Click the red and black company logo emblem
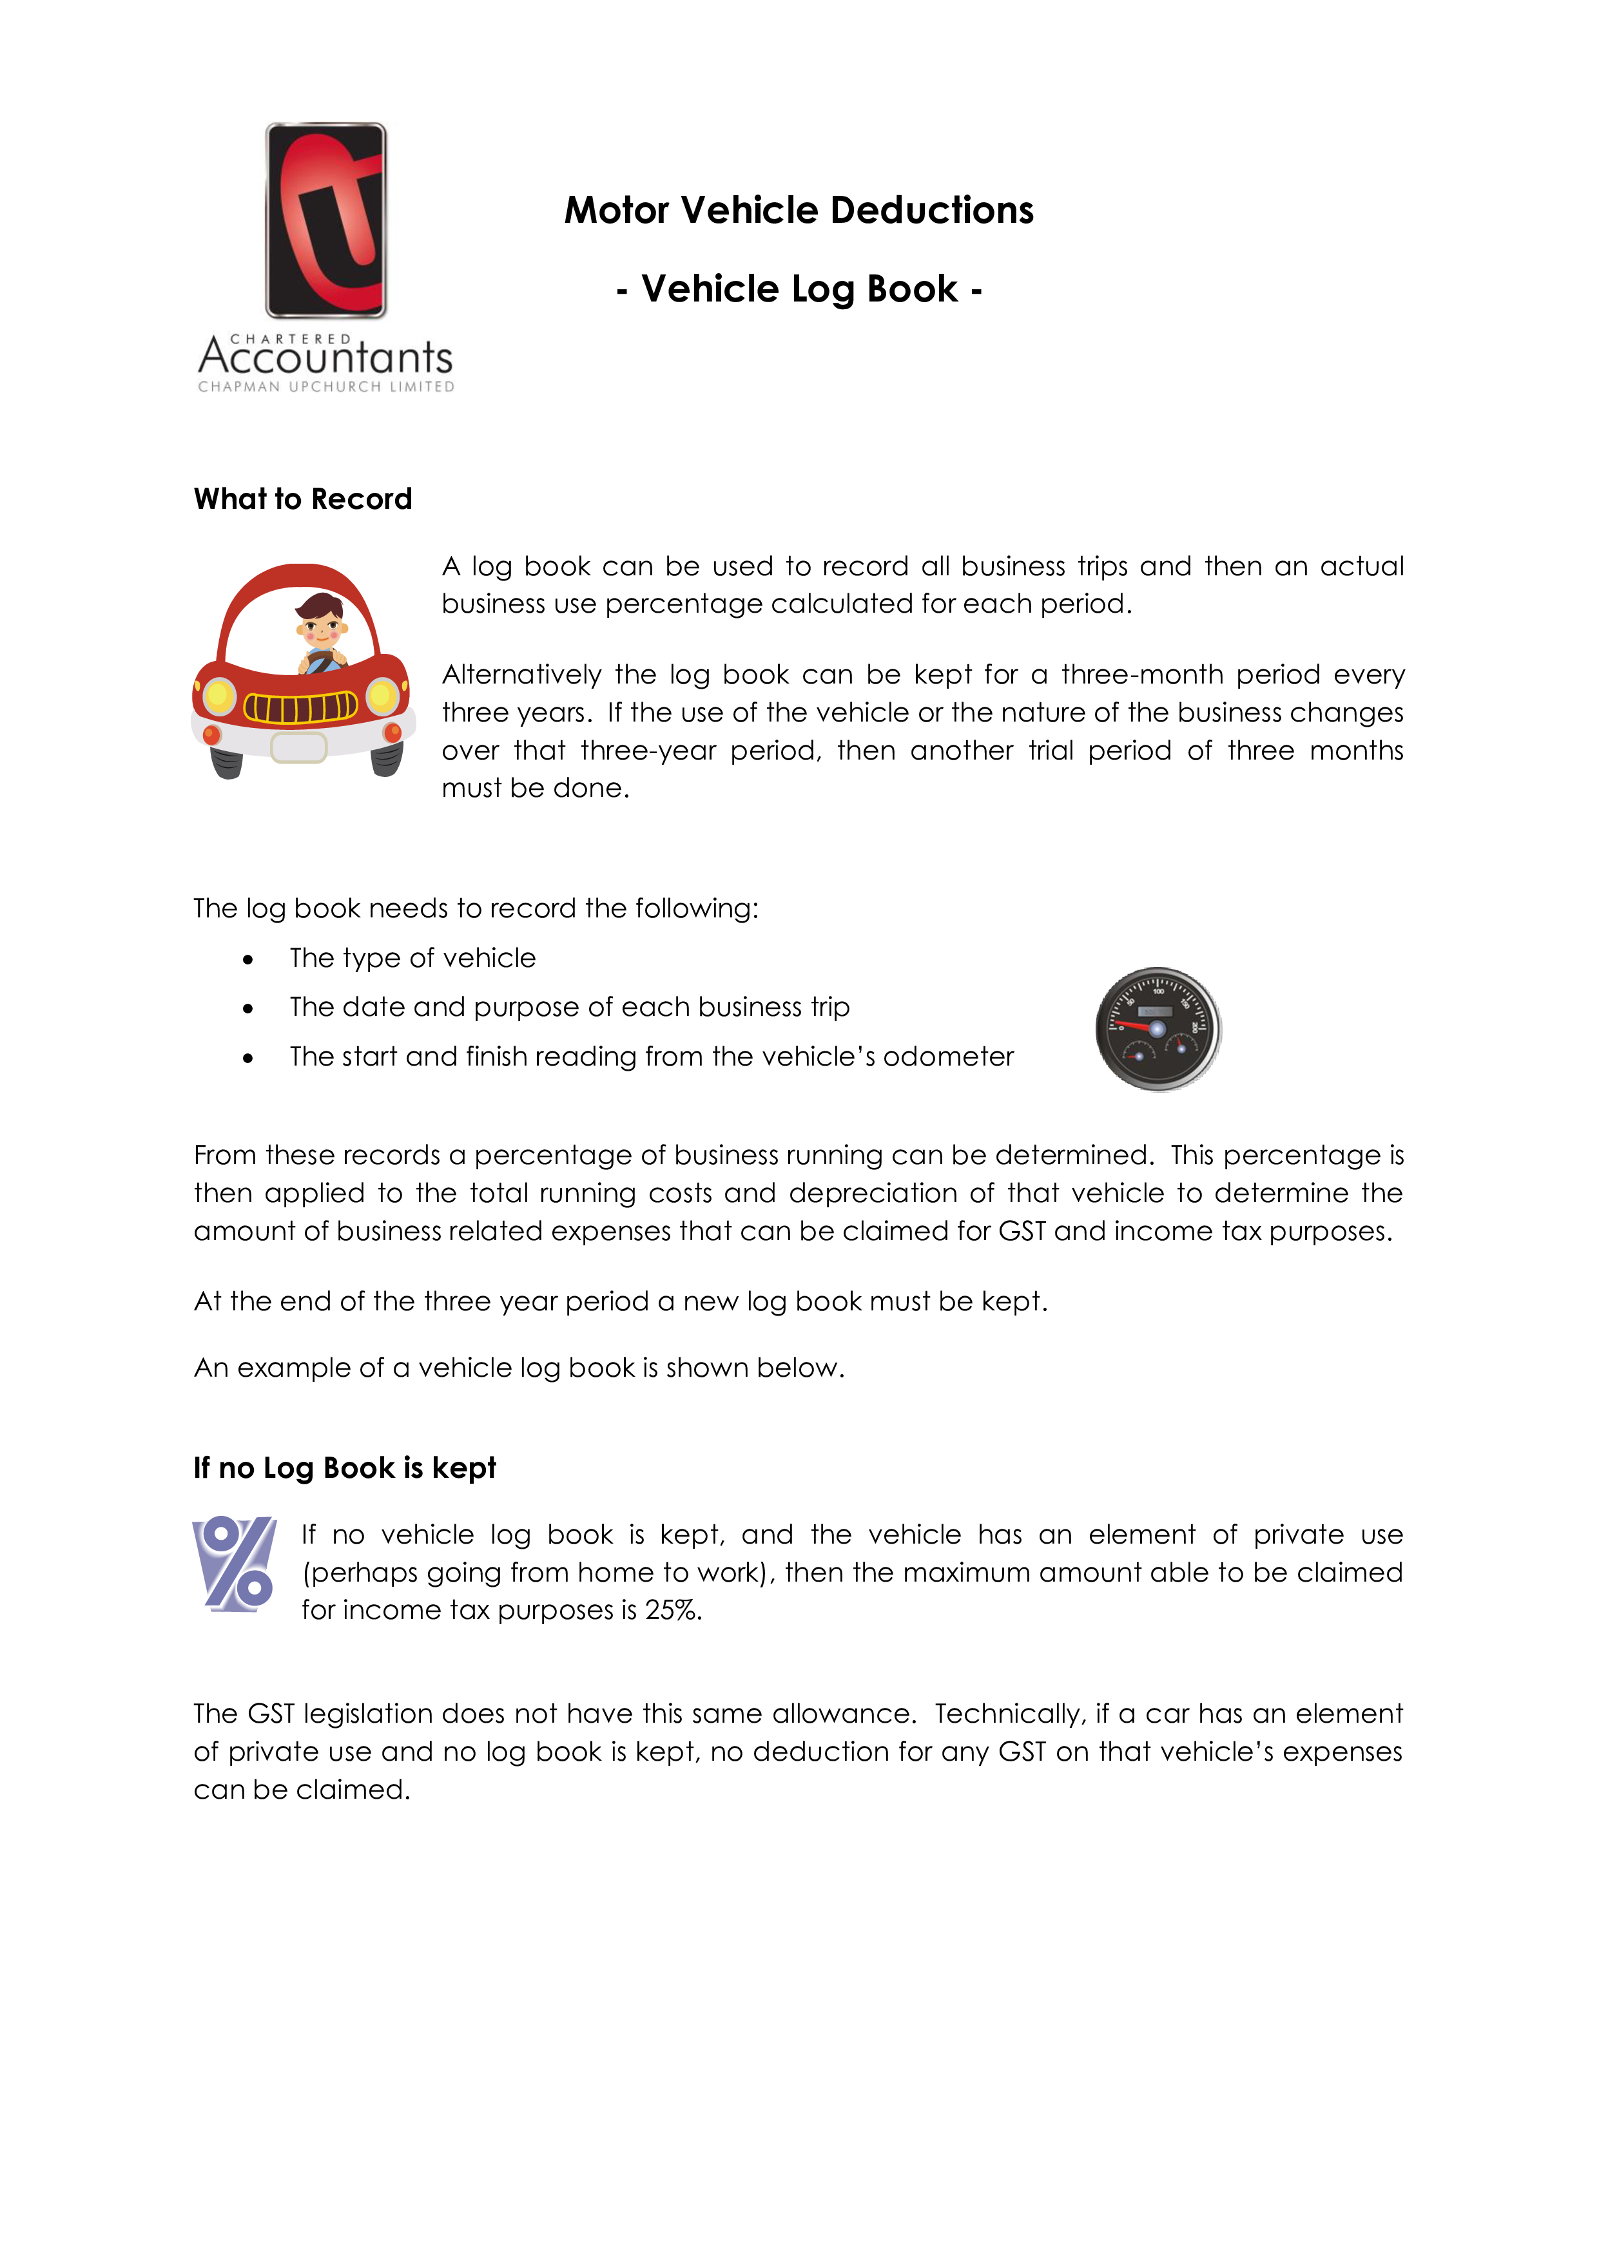coord(326,220)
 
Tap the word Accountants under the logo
coord(326,356)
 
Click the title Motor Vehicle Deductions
coord(799,211)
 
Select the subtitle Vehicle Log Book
coord(799,289)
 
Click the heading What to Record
coord(304,499)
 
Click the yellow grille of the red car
coord(300,707)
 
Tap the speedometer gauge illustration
coord(1158,1029)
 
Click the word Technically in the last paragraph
coord(1010,1714)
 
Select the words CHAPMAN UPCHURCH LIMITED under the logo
coord(326,387)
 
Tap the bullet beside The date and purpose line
coord(248,1009)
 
